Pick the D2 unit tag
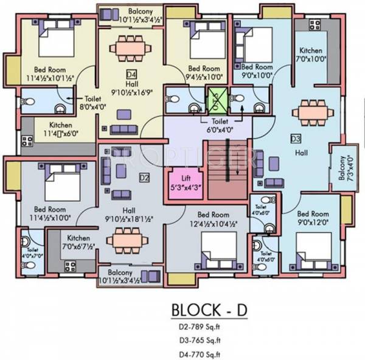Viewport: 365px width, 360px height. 144,178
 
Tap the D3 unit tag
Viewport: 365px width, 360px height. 296,138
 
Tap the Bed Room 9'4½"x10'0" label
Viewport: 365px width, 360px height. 203,73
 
